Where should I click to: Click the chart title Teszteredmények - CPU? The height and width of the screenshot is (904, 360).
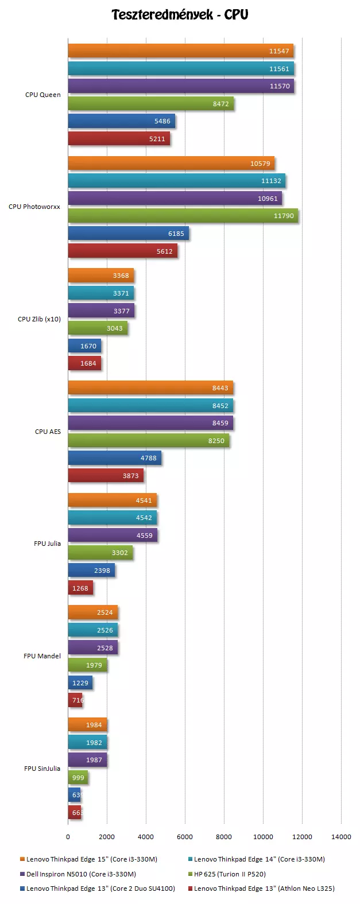[180, 15]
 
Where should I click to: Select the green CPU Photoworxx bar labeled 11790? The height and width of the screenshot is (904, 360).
[183, 216]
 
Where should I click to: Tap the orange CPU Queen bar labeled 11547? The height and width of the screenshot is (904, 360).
[180, 51]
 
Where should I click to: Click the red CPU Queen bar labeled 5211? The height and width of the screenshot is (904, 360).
[119, 139]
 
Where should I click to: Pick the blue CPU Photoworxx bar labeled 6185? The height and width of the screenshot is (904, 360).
[128, 234]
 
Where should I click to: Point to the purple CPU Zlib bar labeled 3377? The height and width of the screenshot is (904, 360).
[101, 311]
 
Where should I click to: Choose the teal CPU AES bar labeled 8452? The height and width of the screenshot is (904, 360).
[150, 406]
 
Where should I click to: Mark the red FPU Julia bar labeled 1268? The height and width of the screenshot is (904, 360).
[80, 588]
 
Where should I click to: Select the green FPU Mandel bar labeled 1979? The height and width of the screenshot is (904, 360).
[87, 665]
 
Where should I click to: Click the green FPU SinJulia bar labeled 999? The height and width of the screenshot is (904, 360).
[78, 778]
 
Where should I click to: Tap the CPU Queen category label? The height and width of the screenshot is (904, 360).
[42, 95]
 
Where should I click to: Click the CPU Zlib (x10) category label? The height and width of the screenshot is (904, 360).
[39, 319]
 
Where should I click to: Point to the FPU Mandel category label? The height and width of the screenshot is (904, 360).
[42, 656]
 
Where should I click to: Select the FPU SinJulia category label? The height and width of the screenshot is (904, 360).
[42, 769]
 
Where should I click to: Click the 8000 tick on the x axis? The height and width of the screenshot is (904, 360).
[224, 837]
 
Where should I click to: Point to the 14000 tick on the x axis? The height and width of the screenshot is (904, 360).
[341, 837]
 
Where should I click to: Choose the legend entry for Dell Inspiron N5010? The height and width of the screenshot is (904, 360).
[81, 874]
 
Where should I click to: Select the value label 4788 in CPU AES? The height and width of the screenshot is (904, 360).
[149, 458]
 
